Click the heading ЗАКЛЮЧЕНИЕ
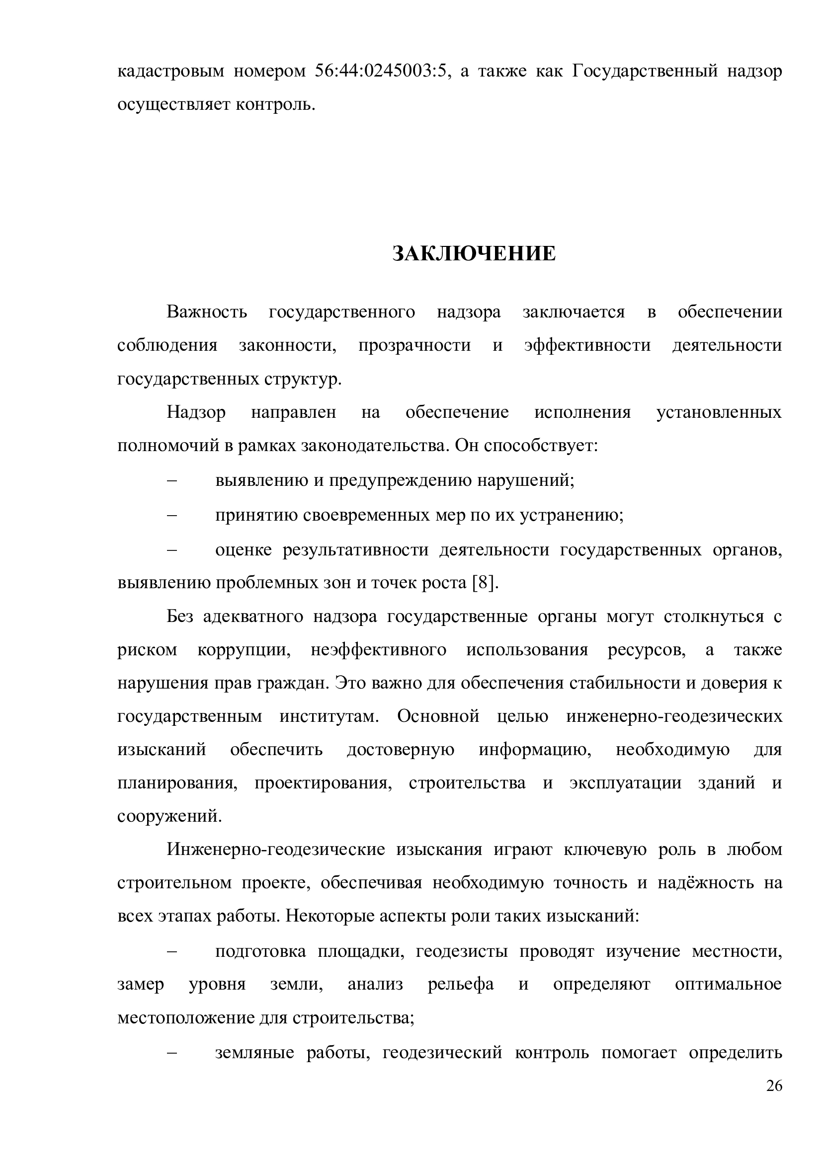[x=474, y=253]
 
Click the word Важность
[x=207, y=312]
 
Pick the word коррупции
[x=244, y=650]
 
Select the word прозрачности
[x=414, y=346]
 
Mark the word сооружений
[x=169, y=816]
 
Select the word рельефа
[x=461, y=984]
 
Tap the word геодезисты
[x=462, y=951]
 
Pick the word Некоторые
[x=329, y=917]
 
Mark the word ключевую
[x=605, y=850]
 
